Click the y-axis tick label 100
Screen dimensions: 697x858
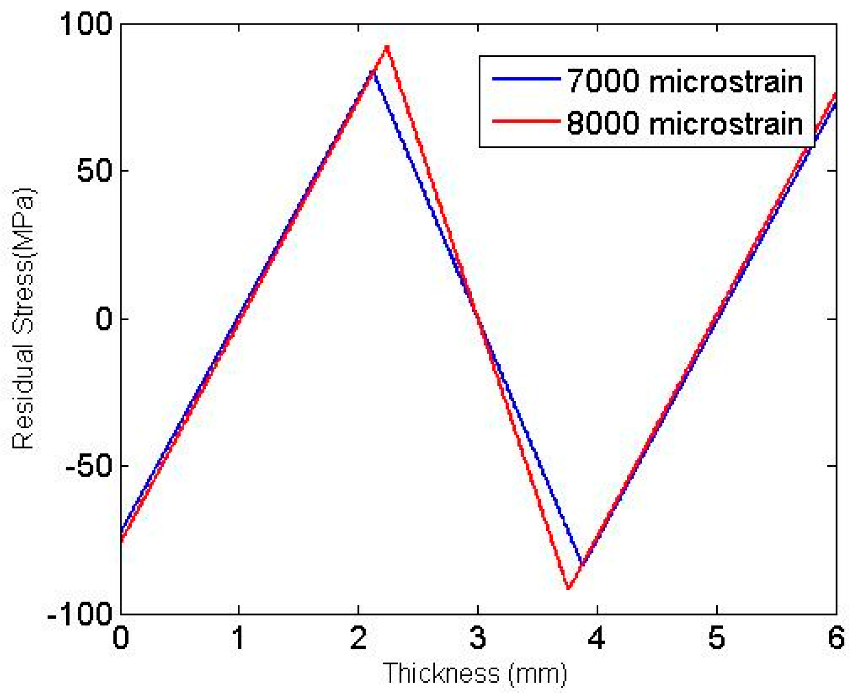[87, 24]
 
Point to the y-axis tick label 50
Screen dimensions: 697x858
[95, 171]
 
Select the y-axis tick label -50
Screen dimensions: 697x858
[89, 465]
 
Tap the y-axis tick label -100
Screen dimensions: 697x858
[80, 613]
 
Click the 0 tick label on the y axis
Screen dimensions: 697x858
[104, 318]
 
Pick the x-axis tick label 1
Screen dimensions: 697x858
[239, 637]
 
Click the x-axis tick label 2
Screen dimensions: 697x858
[358, 637]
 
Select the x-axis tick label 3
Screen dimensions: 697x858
[478, 637]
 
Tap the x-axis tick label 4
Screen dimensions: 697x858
[597, 637]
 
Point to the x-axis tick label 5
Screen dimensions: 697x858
[717, 637]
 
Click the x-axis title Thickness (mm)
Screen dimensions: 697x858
[475, 673]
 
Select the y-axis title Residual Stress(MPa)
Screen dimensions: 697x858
[23, 318]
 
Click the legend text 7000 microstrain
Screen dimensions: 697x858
[685, 81]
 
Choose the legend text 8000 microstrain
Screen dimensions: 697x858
[685, 124]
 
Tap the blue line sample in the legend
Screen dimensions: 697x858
[525, 79]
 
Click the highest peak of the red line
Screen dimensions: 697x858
[387, 47]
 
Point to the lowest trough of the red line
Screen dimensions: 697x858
[569, 588]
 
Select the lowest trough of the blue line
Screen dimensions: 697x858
[582, 564]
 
